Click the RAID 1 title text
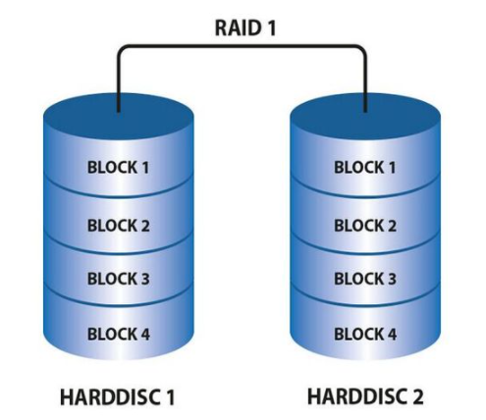[x=245, y=27]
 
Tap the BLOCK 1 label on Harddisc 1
[x=118, y=167]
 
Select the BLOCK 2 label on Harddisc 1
[x=119, y=226]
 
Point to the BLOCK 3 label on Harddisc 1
[x=119, y=279]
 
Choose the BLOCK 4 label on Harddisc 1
[x=119, y=334]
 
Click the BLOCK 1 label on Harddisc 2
[x=365, y=167]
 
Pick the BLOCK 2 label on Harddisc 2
[x=365, y=226]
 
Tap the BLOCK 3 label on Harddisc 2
[x=365, y=279]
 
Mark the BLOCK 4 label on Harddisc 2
[x=365, y=334]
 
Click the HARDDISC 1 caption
[x=118, y=397]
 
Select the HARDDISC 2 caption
[x=365, y=396]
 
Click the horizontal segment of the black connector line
[x=242, y=46]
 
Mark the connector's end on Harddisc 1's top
[x=119, y=111]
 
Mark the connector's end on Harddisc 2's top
[x=365, y=111]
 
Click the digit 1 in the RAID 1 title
[x=271, y=27]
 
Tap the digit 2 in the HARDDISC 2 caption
[x=417, y=396]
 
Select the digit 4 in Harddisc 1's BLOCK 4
[x=144, y=334]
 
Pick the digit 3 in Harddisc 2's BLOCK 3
[x=392, y=279]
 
